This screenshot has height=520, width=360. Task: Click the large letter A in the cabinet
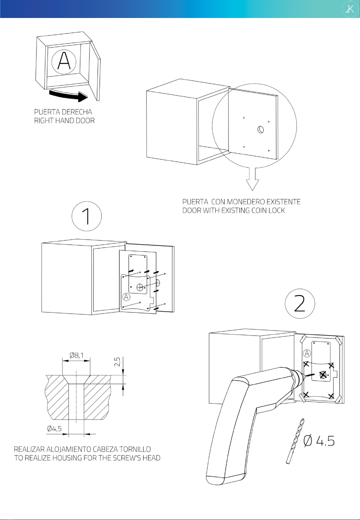(64, 62)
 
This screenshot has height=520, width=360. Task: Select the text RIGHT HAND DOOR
(64, 121)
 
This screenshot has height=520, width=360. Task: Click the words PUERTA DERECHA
(63, 112)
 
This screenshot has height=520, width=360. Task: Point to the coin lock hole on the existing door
(260, 129)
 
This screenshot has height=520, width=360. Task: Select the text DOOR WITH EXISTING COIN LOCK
(233, 211)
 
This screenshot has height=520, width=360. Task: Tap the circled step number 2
(300, 303)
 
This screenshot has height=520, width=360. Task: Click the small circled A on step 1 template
(126, 296)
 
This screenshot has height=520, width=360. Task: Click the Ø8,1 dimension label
(76, 355)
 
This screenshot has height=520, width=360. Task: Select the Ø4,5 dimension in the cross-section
(54, 428)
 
